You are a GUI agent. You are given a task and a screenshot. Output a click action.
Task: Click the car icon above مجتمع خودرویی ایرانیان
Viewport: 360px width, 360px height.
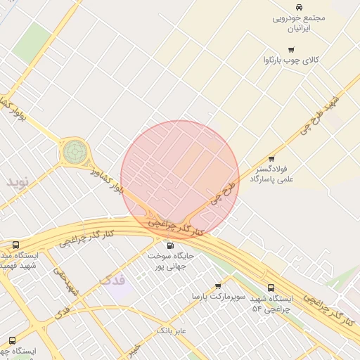(299, 7)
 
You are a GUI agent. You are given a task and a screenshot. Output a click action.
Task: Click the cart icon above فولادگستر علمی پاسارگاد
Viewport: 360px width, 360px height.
(271, 158)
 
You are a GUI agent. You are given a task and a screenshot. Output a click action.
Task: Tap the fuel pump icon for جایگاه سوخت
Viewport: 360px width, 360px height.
(169, 246)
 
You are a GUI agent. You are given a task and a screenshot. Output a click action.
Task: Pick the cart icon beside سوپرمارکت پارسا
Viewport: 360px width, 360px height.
(218, 286)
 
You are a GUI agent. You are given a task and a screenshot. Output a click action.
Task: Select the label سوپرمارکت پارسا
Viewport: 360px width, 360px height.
(219, 297)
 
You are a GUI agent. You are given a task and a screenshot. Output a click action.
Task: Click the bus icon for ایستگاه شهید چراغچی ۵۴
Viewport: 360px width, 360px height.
(271, 288)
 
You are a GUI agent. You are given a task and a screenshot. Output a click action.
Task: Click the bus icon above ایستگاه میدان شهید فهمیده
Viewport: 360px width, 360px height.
(15, 245)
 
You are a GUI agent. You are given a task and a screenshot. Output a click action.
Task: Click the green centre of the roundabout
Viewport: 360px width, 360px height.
(74, 150)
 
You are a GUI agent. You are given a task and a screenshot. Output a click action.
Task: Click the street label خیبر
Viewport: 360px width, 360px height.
(134, 349)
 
